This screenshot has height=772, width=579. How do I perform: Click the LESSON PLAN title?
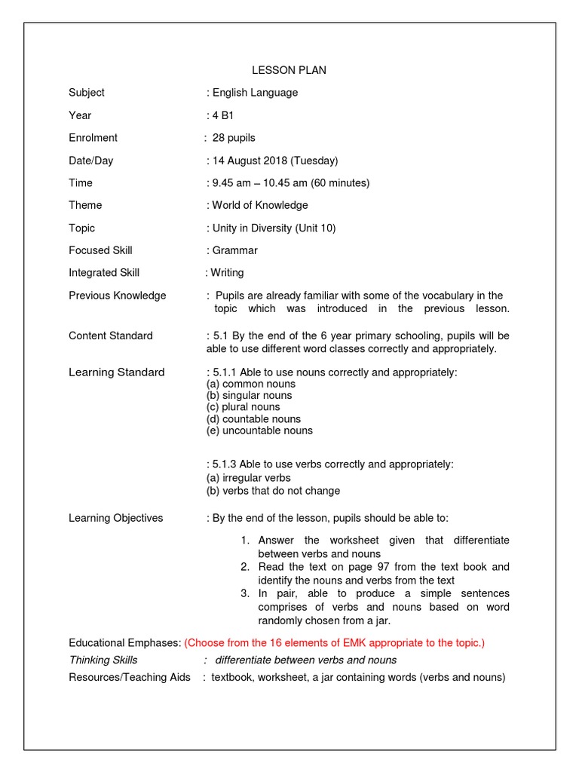tap(289, 70)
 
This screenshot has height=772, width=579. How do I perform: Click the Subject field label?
tap(87, 93)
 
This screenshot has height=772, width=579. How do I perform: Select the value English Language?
tap(255, 93)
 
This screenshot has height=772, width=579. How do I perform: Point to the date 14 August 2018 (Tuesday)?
tap(275, 161)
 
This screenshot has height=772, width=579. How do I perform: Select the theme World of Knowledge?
tap(260, 205)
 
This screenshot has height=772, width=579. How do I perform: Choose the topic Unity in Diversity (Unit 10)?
tap(274, 228)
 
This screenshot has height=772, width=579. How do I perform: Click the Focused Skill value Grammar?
tap(234, 250)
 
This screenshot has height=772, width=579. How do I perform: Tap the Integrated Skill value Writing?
tap(227, 273)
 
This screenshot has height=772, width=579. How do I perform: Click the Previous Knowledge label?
tap(117, 296)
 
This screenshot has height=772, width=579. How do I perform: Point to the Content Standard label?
tap(110, 335)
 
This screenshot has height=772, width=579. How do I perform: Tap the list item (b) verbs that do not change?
tap(273, 491)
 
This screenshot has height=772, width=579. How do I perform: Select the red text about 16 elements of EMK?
tap(335, 643)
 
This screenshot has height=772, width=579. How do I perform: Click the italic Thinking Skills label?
tap(103, 660)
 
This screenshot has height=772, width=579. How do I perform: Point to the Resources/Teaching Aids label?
tap(130, 677)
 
